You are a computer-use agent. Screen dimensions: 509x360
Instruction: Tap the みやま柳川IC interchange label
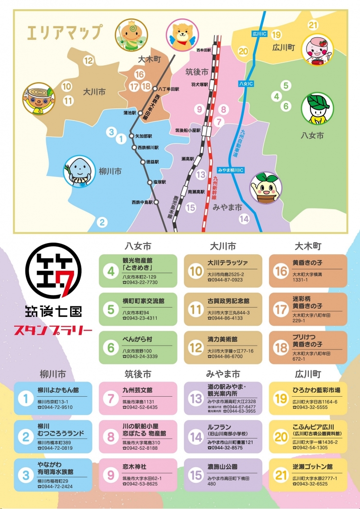tap(231, 170)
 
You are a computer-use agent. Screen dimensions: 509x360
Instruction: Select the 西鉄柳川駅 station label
tap(148, 147)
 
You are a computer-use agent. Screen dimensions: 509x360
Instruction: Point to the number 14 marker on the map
tap(244, 219)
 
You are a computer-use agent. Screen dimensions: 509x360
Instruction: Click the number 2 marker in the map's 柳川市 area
tap(102, 223)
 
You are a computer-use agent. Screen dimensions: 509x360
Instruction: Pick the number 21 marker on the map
tap(313, 25)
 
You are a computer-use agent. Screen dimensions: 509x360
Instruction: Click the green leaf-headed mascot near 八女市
tap(314, 109)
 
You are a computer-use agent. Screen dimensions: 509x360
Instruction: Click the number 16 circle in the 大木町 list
tap(281, 271)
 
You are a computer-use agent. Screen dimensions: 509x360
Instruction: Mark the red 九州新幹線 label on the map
tap(215, 185)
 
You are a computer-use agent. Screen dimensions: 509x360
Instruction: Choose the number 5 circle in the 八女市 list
tap(111, 309)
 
